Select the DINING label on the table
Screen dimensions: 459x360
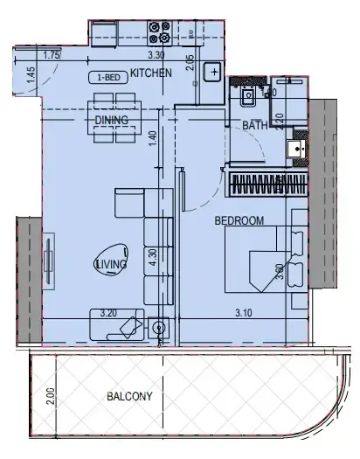(112, 121)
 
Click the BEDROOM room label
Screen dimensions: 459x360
(239, 222)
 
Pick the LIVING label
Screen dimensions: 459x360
(111, 263)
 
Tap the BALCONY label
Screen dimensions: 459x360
(129, 396)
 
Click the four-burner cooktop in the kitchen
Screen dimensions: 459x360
(159, 32)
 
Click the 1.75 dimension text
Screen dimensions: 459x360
(51, 56)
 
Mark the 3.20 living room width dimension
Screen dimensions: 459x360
(108, 311)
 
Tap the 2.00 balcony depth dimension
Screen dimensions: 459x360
(52, 398)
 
